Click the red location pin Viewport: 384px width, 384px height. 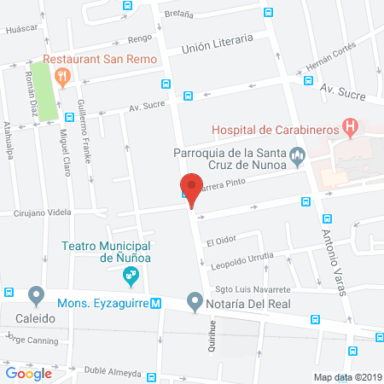click(191, 189)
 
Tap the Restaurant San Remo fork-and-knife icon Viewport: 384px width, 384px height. click(62, 77)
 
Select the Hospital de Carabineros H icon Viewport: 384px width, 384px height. click(349, 126)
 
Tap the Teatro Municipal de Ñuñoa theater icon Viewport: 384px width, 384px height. click(131, 275)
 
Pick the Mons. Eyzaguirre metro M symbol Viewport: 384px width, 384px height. click(155, 303)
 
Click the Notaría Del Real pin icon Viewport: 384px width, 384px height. click(195, 302)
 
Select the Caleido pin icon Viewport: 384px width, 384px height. click(36, 296)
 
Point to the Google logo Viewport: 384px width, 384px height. click(28, 373)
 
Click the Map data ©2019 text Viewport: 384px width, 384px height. click(346, 376)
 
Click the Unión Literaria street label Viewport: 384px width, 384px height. click(218, 41)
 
